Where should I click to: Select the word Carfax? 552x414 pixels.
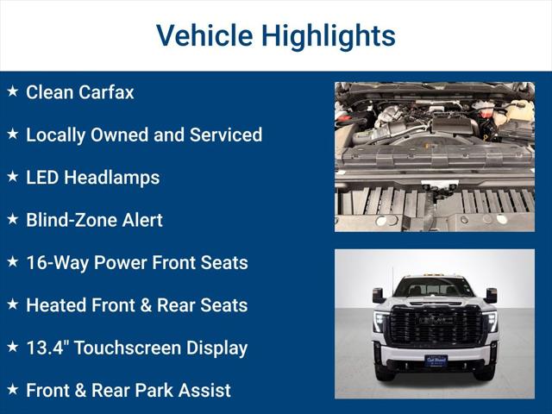[x=106, y=92]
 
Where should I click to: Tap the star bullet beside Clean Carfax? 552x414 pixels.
[x=12, y=91]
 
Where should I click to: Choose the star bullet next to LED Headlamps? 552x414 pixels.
[x=12, y=177]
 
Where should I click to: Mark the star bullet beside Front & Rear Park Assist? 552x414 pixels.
[x=12, y=390]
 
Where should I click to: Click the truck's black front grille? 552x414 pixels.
[x=435, y=326]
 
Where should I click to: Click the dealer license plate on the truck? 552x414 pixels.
[x=436, y=361]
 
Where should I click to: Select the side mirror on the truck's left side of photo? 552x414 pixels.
[x=378, y=295]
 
